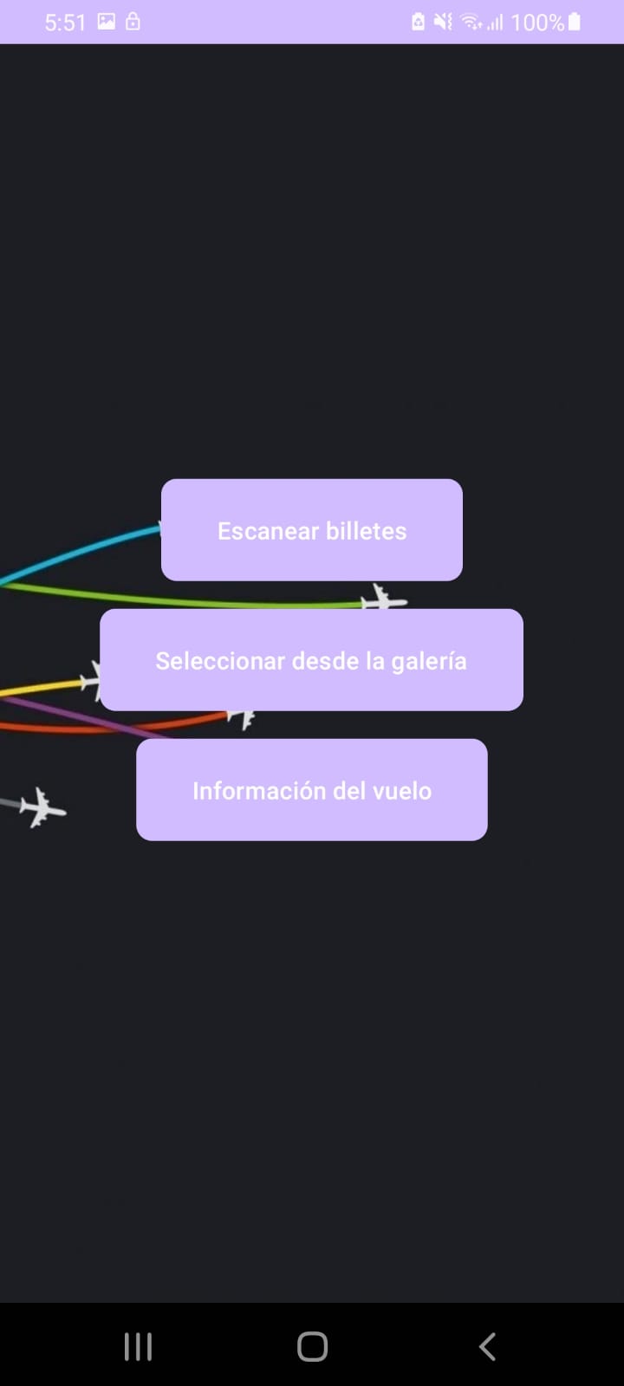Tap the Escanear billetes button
(312, 529)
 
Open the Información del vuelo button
(312, 789)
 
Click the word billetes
(366, 531)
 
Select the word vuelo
(401, 791)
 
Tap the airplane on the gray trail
(42, 807)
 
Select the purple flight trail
(87, 717)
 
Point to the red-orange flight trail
(104, 729)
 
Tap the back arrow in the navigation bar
(487, 1346)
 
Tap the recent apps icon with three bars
(138, 1346)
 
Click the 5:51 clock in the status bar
(65, 23)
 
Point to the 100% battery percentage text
(536, 23)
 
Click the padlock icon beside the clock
(133, 22)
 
